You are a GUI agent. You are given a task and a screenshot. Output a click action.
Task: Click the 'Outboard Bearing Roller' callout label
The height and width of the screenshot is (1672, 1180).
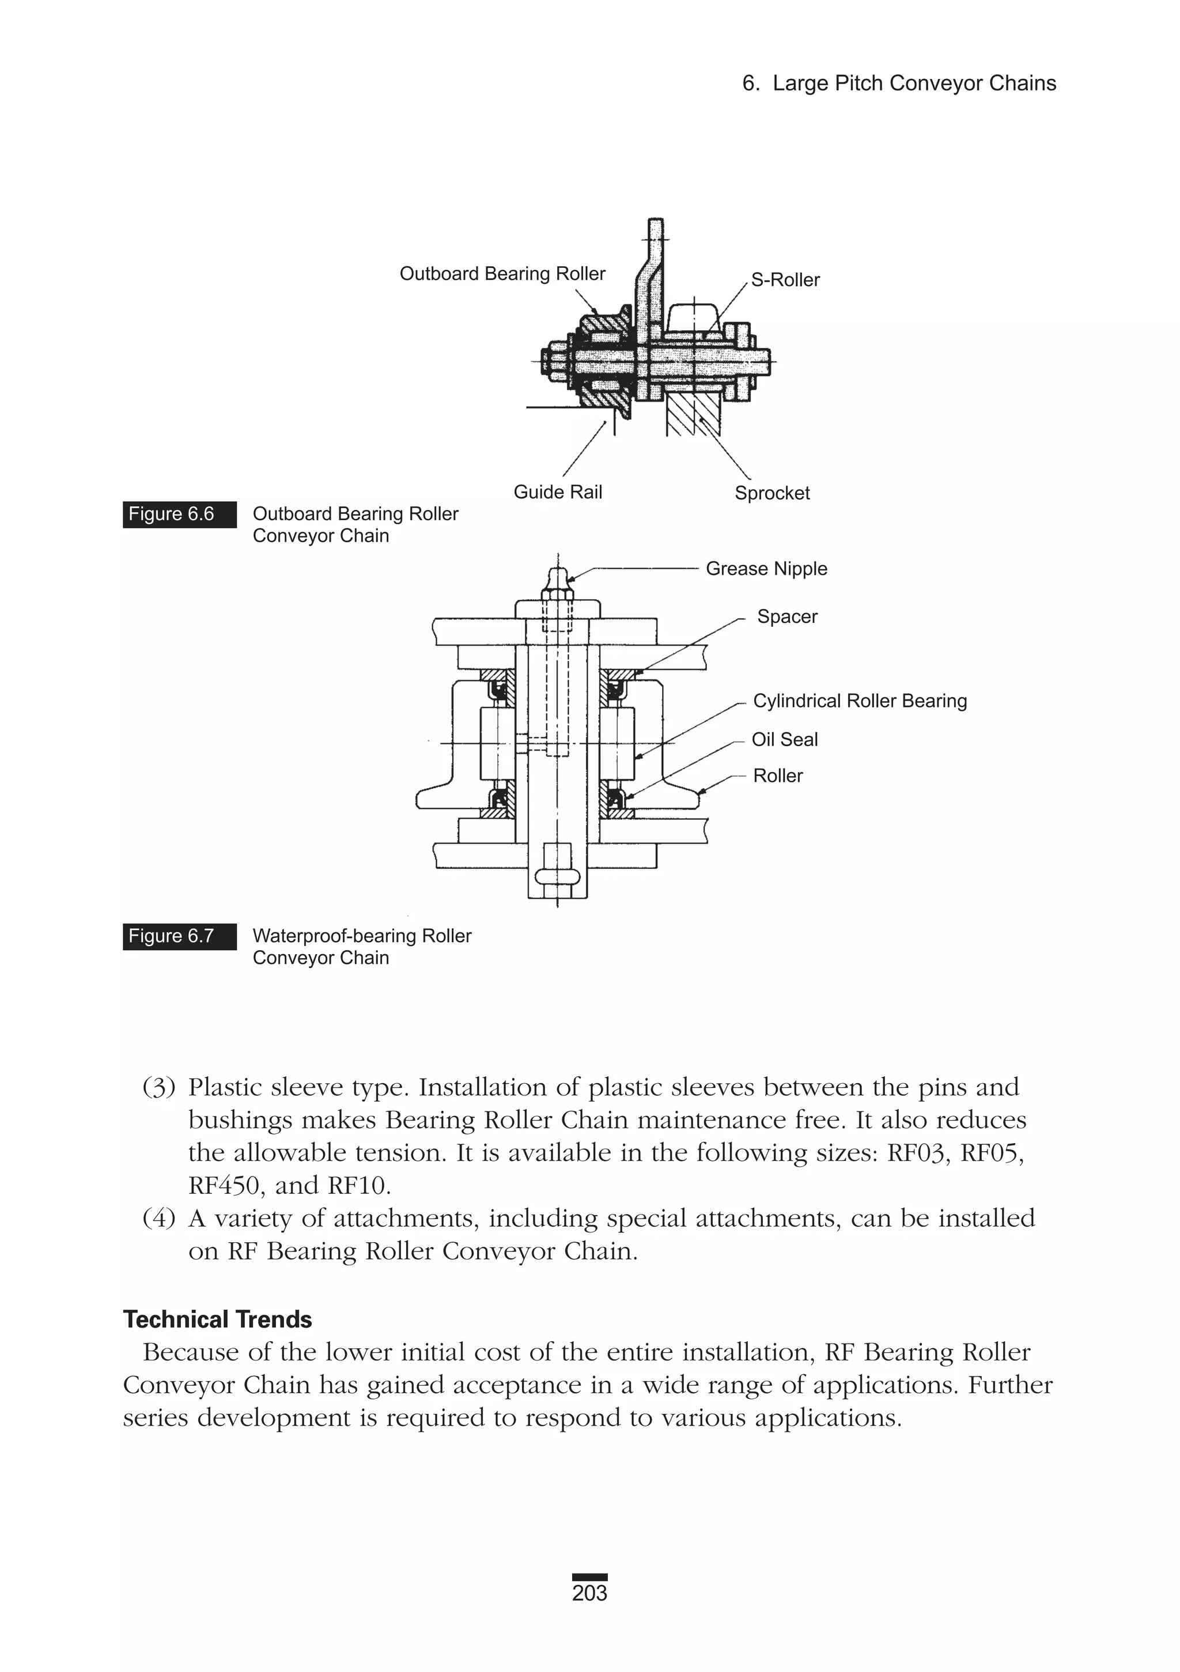pos(502,274)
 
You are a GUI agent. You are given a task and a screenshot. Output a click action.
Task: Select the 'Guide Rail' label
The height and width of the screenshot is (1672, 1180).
pos(558,492)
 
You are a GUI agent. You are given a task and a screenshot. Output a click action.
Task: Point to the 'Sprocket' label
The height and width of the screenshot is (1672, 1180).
pos(771,493)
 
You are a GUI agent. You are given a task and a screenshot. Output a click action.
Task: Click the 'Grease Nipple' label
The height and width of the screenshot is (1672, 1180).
pos(766,569)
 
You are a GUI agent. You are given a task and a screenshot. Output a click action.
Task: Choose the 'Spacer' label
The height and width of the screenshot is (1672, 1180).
pos(786,617)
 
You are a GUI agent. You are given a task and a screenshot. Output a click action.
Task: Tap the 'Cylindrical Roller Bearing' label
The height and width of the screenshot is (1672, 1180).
pos(860,701)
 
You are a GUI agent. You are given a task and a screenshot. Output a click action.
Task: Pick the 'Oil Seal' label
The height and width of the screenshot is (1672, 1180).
pos(785,740)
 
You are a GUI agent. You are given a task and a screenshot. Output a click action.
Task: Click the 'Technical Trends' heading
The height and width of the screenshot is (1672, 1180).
pos(217,1319)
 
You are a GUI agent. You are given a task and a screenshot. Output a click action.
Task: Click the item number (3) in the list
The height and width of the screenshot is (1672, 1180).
pos(159,1088)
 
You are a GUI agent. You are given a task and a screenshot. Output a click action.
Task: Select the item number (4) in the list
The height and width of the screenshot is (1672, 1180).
pos(159,1219)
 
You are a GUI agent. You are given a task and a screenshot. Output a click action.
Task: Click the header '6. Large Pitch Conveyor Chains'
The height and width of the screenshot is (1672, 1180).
pos(899,84)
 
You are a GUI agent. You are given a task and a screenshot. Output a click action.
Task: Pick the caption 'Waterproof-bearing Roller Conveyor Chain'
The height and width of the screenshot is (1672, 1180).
pos(361,947)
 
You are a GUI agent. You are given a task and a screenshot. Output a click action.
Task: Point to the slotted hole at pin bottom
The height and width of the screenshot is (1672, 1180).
pos(557,875)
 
